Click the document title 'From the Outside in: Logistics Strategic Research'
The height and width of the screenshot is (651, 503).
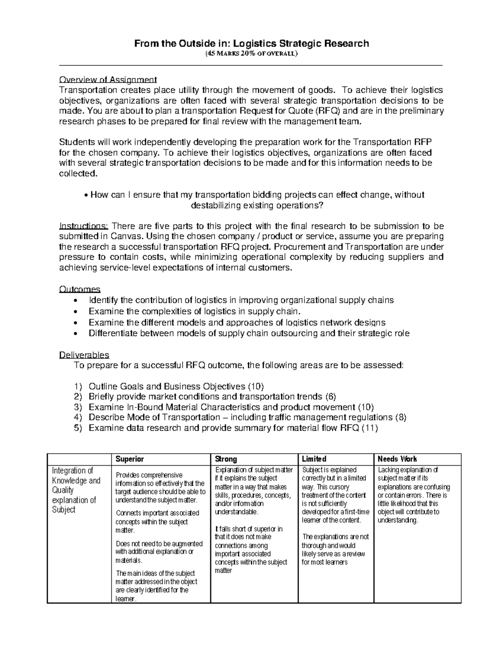(251, 44)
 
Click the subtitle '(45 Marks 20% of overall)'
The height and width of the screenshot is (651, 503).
(251, 54)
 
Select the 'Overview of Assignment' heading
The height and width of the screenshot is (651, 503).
(108, 80)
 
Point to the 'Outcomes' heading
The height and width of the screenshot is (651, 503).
(80, 289)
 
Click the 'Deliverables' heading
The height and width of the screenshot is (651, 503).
(84, 355)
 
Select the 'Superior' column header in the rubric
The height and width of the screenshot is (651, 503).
(130, 459)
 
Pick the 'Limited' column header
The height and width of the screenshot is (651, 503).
(314, 459)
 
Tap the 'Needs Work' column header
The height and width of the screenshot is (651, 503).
(397, 459)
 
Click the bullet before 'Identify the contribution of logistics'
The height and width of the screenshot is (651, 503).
(75, 301)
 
